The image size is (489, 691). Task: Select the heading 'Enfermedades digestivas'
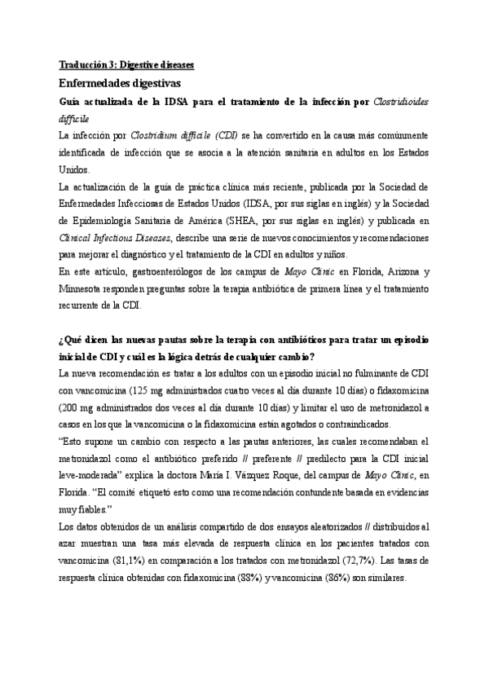pyautogui.click(x=120, y=83)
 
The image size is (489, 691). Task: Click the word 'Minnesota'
pyautogui.click(x=85, y=288)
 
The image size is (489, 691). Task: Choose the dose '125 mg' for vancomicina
pyautogui.click(x=142, y=390)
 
